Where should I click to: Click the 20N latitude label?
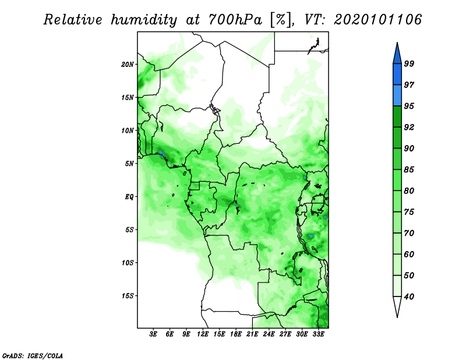pyautogui.click(x=128, y=65)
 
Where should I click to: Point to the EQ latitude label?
pyautogui.click(x=129, y=197)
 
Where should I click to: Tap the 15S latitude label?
pyautogui.click(x=128, y=296)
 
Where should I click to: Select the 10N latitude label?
pyautogui.click(x=128, y=130)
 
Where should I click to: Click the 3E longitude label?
pyautogui.click(x=153, y=334)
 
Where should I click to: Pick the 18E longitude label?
pyautogui.click(x=236, y=334)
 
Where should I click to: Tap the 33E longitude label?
pyautogui.click(x=318, y=334)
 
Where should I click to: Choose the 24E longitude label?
pyautogui.click(x=269, y=334)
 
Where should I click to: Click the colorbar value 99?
pyautogui.click(x=409, y=63)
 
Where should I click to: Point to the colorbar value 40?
pyautogui.click(x=409, y=297)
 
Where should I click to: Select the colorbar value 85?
pyautogui.click(x=409, y=170)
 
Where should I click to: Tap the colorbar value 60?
pyautogui.click(x=409, y=254)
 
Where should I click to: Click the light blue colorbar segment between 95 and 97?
pyautogui.click(x=397, y=96)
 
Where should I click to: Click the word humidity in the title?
pyautogui.click(x=144, y=20)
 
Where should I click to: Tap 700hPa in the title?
pyautogui.click(x=235, y=20)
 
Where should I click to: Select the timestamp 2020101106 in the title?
pyautogui.click(x=377, y=20)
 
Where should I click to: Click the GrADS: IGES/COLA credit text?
pyautogui.click(x=33, y=355)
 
